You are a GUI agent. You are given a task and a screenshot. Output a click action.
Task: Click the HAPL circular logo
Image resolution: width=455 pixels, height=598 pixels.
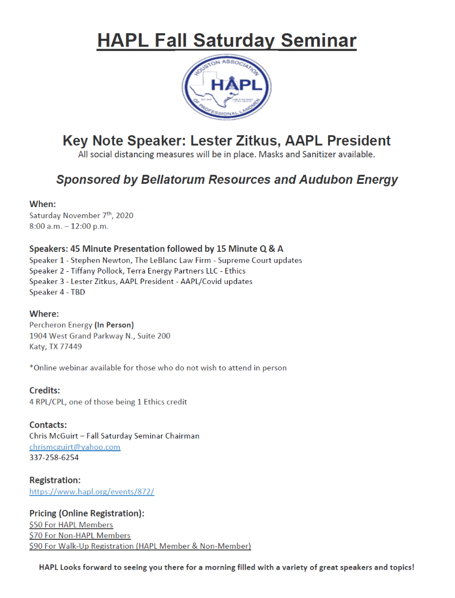(x=227, y=89)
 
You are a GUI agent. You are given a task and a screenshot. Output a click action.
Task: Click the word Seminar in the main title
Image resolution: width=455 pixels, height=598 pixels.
(x=318, y=40)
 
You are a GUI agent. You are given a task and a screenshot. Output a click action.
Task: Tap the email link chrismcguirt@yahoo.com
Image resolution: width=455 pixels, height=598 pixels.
(x=75, y=447)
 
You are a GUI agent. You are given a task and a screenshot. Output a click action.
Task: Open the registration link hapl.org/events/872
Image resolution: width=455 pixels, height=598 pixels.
(x=91, y=491)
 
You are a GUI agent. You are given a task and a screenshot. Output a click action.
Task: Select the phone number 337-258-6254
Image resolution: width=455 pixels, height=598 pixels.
(x=54, y=457)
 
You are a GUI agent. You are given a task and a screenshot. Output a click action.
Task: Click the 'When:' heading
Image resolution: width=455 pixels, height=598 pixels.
(x=43, y=204)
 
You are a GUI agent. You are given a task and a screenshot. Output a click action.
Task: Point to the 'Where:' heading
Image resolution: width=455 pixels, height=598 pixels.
(x=44, y=314)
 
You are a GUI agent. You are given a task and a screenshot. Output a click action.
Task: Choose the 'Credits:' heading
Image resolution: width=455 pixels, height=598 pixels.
(x=45, y=390)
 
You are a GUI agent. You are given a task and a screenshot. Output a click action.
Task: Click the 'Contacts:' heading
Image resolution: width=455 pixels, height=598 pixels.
(x=48, y=425)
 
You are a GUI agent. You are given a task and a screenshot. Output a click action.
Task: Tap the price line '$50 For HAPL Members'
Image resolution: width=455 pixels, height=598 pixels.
(x=71, y=524)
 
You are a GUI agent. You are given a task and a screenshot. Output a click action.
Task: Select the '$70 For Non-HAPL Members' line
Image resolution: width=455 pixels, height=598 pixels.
(x=80, y=535)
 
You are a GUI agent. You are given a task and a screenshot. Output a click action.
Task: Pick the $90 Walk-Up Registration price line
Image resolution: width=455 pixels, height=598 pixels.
(x=140, y=547)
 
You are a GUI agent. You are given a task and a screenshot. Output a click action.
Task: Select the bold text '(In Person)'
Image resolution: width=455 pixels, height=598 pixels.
(x=114, y=325)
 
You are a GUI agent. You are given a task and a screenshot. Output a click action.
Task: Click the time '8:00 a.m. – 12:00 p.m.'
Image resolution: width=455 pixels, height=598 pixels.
(x=69, y=226)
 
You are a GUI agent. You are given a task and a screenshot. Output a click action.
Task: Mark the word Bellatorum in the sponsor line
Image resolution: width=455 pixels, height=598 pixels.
(x=184, y=180)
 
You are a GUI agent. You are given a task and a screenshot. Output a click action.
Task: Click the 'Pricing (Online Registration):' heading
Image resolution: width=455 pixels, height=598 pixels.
(x=87, y=513)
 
